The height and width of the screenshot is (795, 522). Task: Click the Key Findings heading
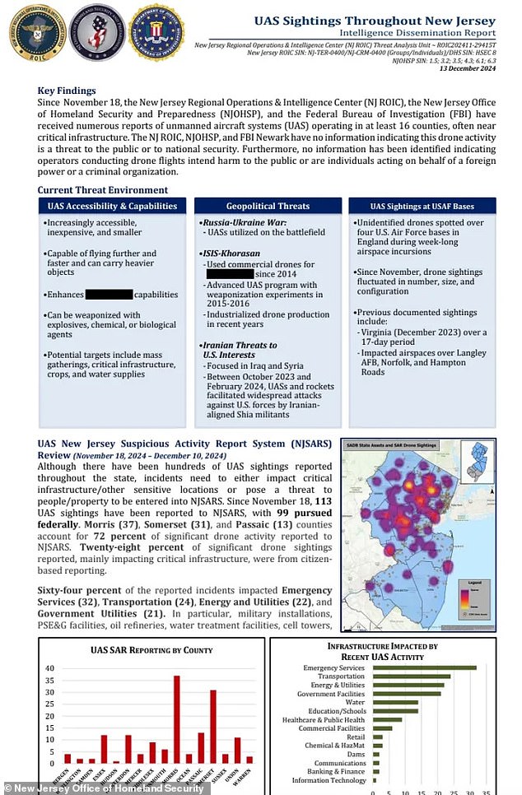pyautogui.click(x=67, y=91)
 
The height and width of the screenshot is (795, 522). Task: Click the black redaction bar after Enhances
pyautogui.click(x=109, y=294)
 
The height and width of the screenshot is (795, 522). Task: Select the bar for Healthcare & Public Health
pyautogui.click(x=389, y=719)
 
